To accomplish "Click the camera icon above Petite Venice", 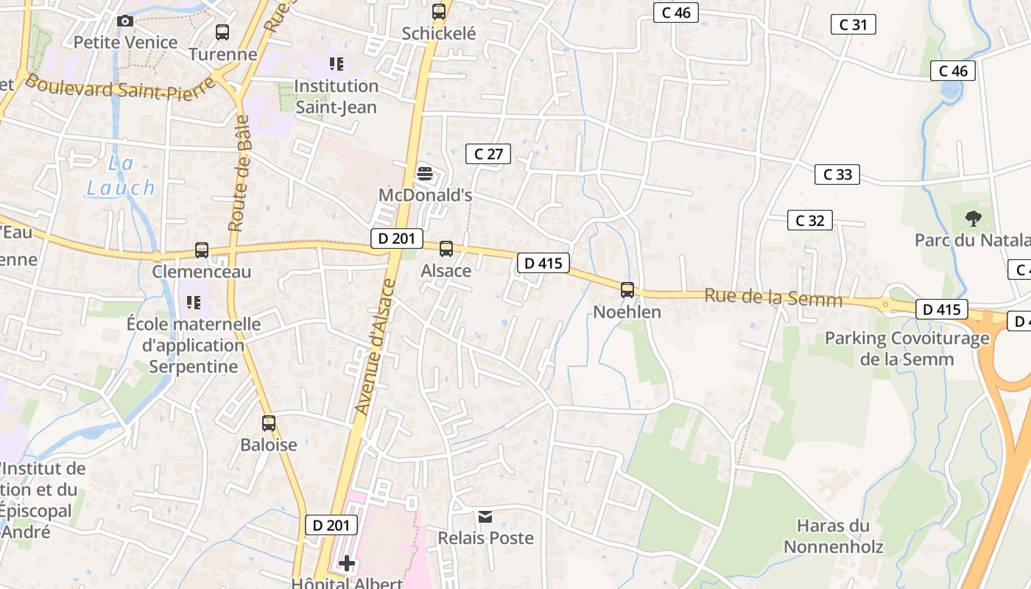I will (x=126, y=21).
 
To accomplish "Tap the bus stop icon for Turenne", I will (x=222, y=32).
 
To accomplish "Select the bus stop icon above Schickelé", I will (x=439, y=12).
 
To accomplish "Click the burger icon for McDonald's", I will (x=425, y=174).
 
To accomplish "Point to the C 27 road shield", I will (x=488, y=154).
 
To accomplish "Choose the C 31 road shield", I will (x=853, y=24).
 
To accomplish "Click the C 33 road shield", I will (x=837, y=174).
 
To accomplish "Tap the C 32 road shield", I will (x=810, y=220).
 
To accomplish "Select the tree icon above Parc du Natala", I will (x=974, y=218).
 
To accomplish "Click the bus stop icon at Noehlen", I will (x=627, y=290).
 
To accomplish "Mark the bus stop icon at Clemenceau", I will (x=202, y=250).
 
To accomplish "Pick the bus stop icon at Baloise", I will (x=269, y=423).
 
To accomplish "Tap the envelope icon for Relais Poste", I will (x=485, y=517).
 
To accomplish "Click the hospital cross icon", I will (x=347, y=564).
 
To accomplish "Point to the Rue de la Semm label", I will (x=773, y=297).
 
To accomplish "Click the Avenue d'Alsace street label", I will (x=375, y=346).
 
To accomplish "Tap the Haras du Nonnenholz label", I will (x=833, y=536).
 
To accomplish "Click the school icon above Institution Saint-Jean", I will (x=337, y=64).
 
